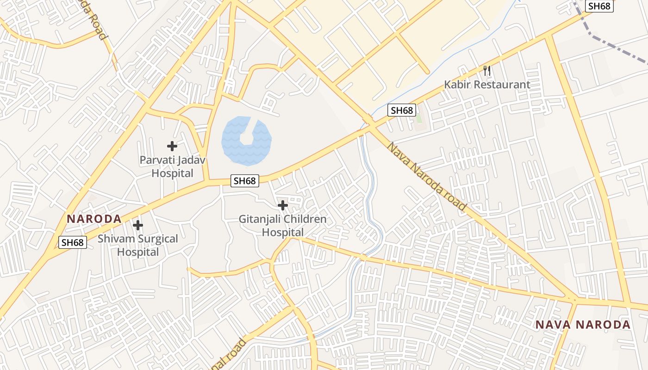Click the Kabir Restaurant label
click(487, 85)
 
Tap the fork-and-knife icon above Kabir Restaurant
click(486, 71)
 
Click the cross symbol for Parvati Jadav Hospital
click(172, 146)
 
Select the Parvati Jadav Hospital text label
click(172, 167)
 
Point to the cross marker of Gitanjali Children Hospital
click(283, 205)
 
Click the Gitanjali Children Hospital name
click(283, 226)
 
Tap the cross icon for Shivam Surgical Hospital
click(138, 225)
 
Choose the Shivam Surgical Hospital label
click(138, 246)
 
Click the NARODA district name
click(94, 219)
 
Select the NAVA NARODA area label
click(583, 325)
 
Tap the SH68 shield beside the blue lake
click(245, 181)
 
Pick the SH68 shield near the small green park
click(401, 110)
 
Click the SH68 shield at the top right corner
click(599, 6)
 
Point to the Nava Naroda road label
click(427, 177)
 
